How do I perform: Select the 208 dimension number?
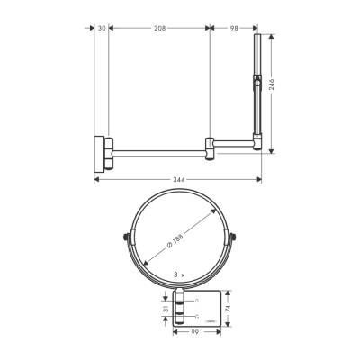[x=158, y=29]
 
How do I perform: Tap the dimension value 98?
[x=233, y=29]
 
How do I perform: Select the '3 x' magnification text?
[x=181, y=274]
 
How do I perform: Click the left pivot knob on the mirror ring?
[x=123, y=238]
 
